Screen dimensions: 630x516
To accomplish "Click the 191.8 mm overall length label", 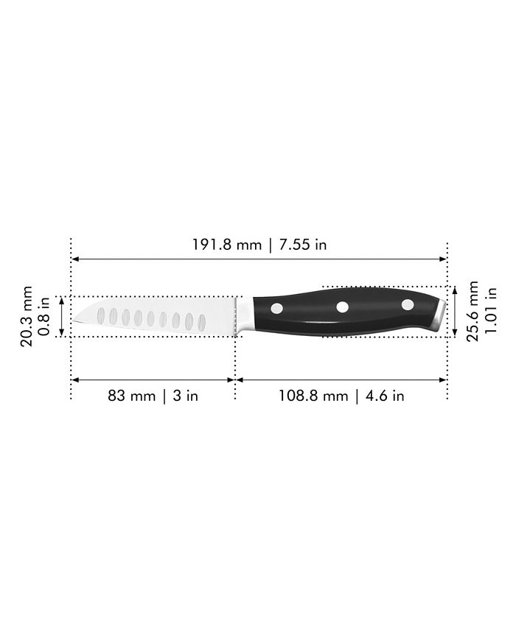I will click(x=227, y=245).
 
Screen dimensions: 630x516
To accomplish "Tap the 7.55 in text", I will click(x=299, y=245).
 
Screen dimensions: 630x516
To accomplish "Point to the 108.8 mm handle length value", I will click(x=313, y=396).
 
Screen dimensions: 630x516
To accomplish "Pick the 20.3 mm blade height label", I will click(x=28, y=316).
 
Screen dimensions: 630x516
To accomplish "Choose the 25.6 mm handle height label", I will click(x=473, y=311).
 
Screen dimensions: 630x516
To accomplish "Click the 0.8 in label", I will click(x=44, y=316).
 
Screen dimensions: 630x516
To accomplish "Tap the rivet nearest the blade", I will click(x=276, y=308).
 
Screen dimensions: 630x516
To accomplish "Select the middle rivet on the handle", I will click(x=342, y=307).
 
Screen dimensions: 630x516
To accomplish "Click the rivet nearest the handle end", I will click(x=408, y=305).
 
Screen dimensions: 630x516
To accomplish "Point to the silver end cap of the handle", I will click(x=441, y=314).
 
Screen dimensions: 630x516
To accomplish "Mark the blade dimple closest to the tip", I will click(x=101, y=315).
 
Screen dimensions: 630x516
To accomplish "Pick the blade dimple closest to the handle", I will click(x=201, y=322).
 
